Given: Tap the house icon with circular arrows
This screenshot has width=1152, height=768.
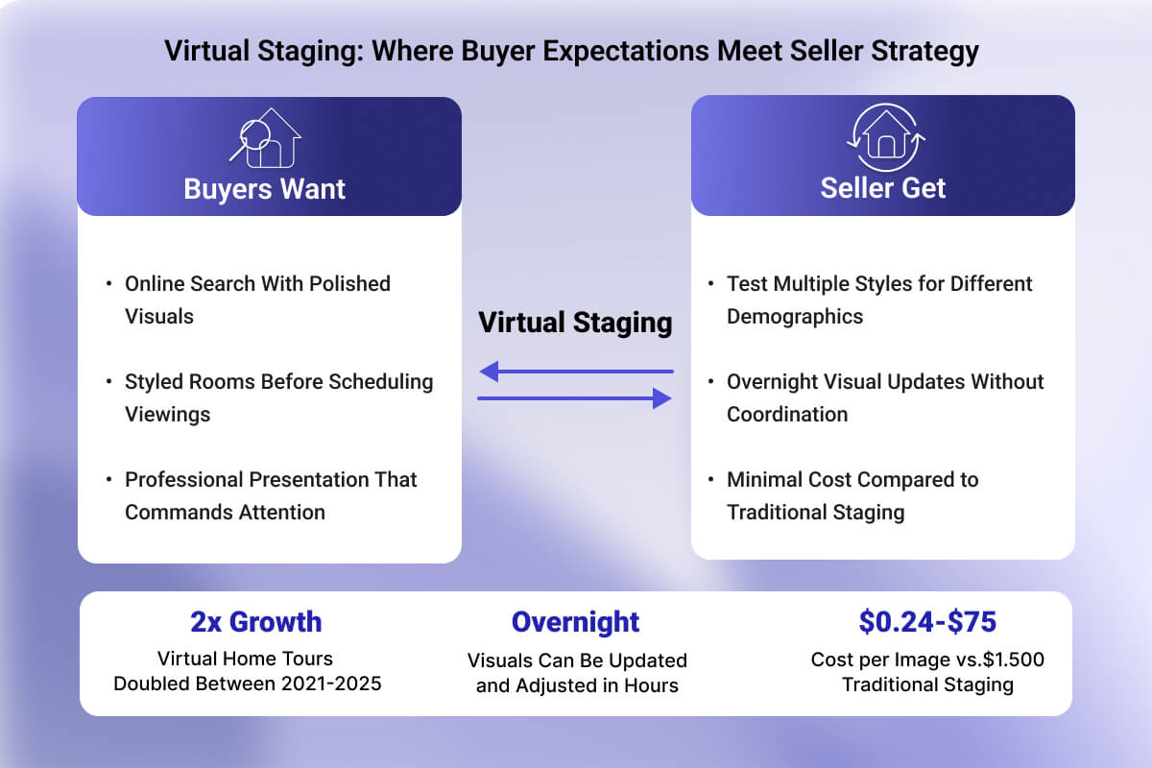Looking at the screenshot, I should coord(884,137).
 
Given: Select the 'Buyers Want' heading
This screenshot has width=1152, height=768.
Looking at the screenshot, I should coord(265,188).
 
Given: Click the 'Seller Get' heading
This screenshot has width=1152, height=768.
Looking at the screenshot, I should coord(883,188).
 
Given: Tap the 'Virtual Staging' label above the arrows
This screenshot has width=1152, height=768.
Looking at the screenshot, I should coord(575,323).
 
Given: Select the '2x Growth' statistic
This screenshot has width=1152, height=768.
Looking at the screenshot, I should coord(255,622).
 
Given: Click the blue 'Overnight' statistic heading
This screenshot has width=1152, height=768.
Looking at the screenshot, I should coord(575,622).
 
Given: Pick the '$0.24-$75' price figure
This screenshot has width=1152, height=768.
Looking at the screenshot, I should coord(927,622).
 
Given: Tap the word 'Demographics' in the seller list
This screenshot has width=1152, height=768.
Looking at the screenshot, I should coord(795,317).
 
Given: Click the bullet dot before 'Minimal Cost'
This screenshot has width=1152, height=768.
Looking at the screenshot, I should coord(710,480).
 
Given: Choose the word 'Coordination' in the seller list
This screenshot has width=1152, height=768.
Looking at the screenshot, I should coord(787,415).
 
